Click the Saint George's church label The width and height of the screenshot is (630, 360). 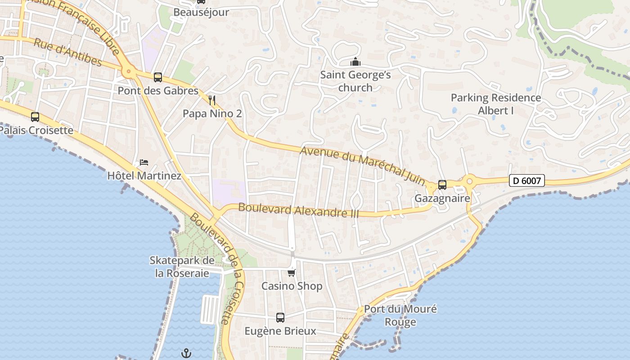tap(355, 81)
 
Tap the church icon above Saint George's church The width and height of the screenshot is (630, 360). tap(355, 62)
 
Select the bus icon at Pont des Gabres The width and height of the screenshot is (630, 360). tap(157, 77)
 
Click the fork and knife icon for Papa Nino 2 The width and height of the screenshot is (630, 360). tap(212, 100)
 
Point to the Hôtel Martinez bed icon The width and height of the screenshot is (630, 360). tap(144, 162)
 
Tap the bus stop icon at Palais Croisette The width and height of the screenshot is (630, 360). tap(35, 117)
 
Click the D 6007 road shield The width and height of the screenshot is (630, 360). tap(527, 181)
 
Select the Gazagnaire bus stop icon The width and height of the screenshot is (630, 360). tap(442, 185)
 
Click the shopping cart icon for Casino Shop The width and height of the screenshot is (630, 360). tap(292, 273)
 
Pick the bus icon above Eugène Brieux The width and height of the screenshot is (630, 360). tap(280, 318)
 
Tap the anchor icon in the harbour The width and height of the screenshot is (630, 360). tap(186, 353)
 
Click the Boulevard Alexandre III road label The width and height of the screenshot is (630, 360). tap(298, 210)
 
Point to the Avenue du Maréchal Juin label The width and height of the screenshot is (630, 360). tap(363, 165)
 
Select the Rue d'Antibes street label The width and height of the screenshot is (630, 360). tap(67, 53)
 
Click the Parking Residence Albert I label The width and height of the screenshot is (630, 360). tap(496, 104)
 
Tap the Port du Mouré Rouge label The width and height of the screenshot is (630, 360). tap(400, 315)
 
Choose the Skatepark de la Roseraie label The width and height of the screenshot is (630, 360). tap(182, 267)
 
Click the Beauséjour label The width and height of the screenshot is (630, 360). tap(201, 12)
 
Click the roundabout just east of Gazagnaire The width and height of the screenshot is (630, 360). tap(469, 181)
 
